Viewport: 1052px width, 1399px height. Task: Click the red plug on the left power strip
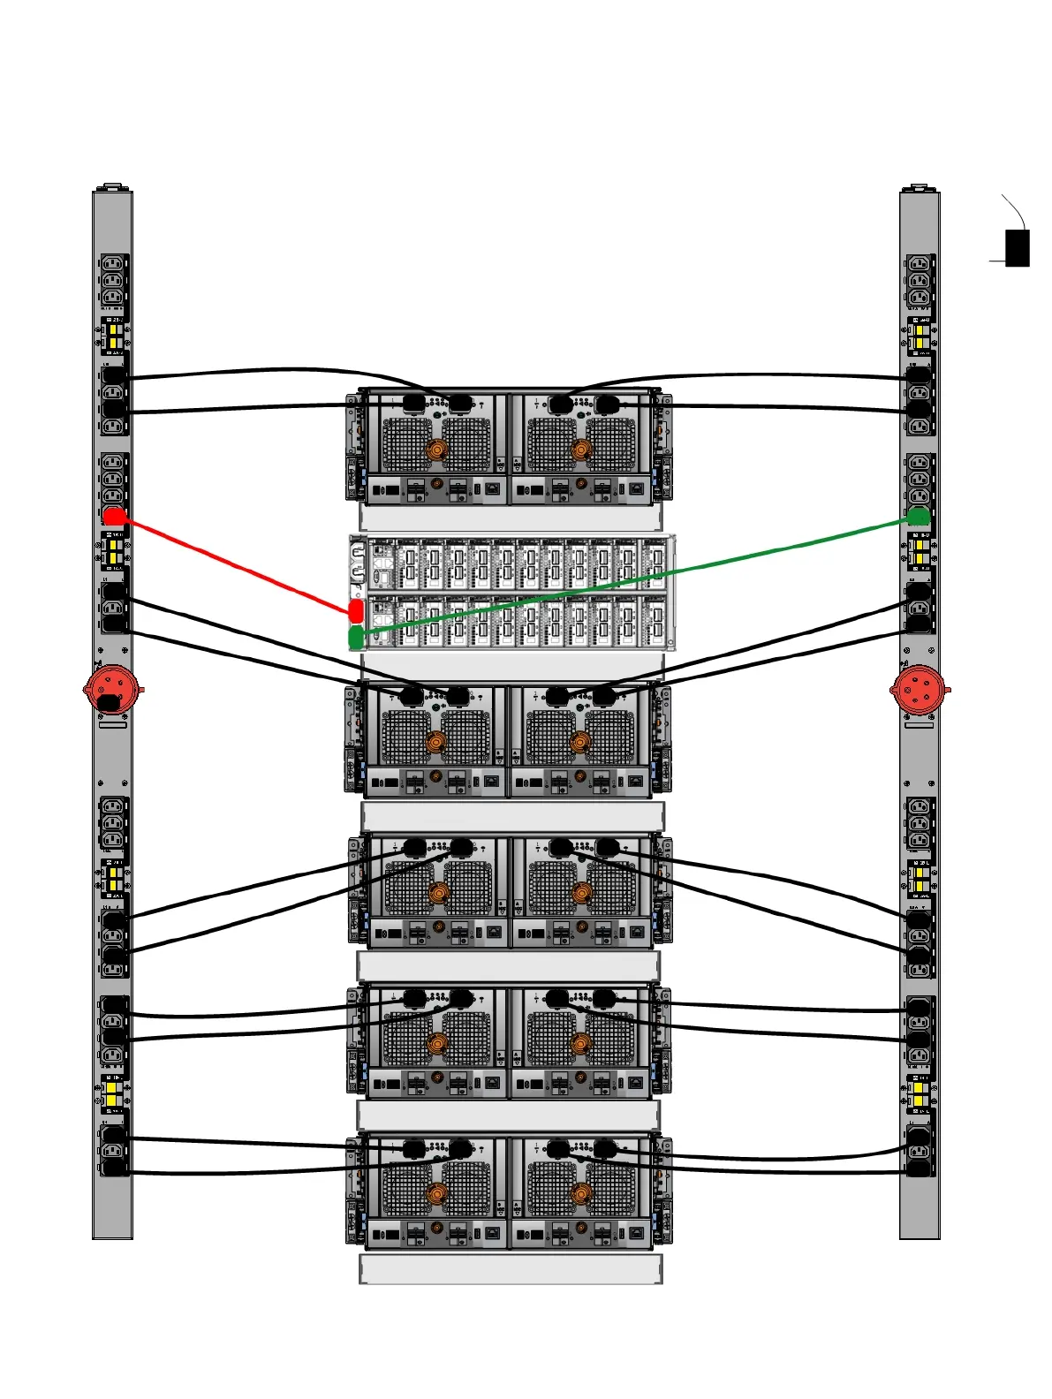click(x=114, y=517)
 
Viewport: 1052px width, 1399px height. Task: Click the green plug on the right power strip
click(x=919, y=516)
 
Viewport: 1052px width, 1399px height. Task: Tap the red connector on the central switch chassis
click(x=356, y=610)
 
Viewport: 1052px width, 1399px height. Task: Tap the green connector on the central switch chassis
click(x=356, y=637)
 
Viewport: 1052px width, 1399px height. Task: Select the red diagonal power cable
click(x=234, y=563)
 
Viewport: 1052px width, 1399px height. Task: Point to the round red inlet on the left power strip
click(x=111, y=689)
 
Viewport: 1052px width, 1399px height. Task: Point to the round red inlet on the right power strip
click(x=919, y=689)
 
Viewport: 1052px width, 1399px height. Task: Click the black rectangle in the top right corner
click(x=1018, y=248)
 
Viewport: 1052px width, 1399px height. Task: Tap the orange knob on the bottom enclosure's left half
click(x=437, y=1195)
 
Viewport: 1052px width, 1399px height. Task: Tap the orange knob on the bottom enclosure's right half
click(x=580, y=1195)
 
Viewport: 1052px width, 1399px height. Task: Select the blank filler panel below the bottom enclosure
click(x=511, y=1269)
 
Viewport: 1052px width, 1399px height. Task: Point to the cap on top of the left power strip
click(x=112, y=187)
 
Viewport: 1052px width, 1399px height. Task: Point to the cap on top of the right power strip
click(x=919, y=188)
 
